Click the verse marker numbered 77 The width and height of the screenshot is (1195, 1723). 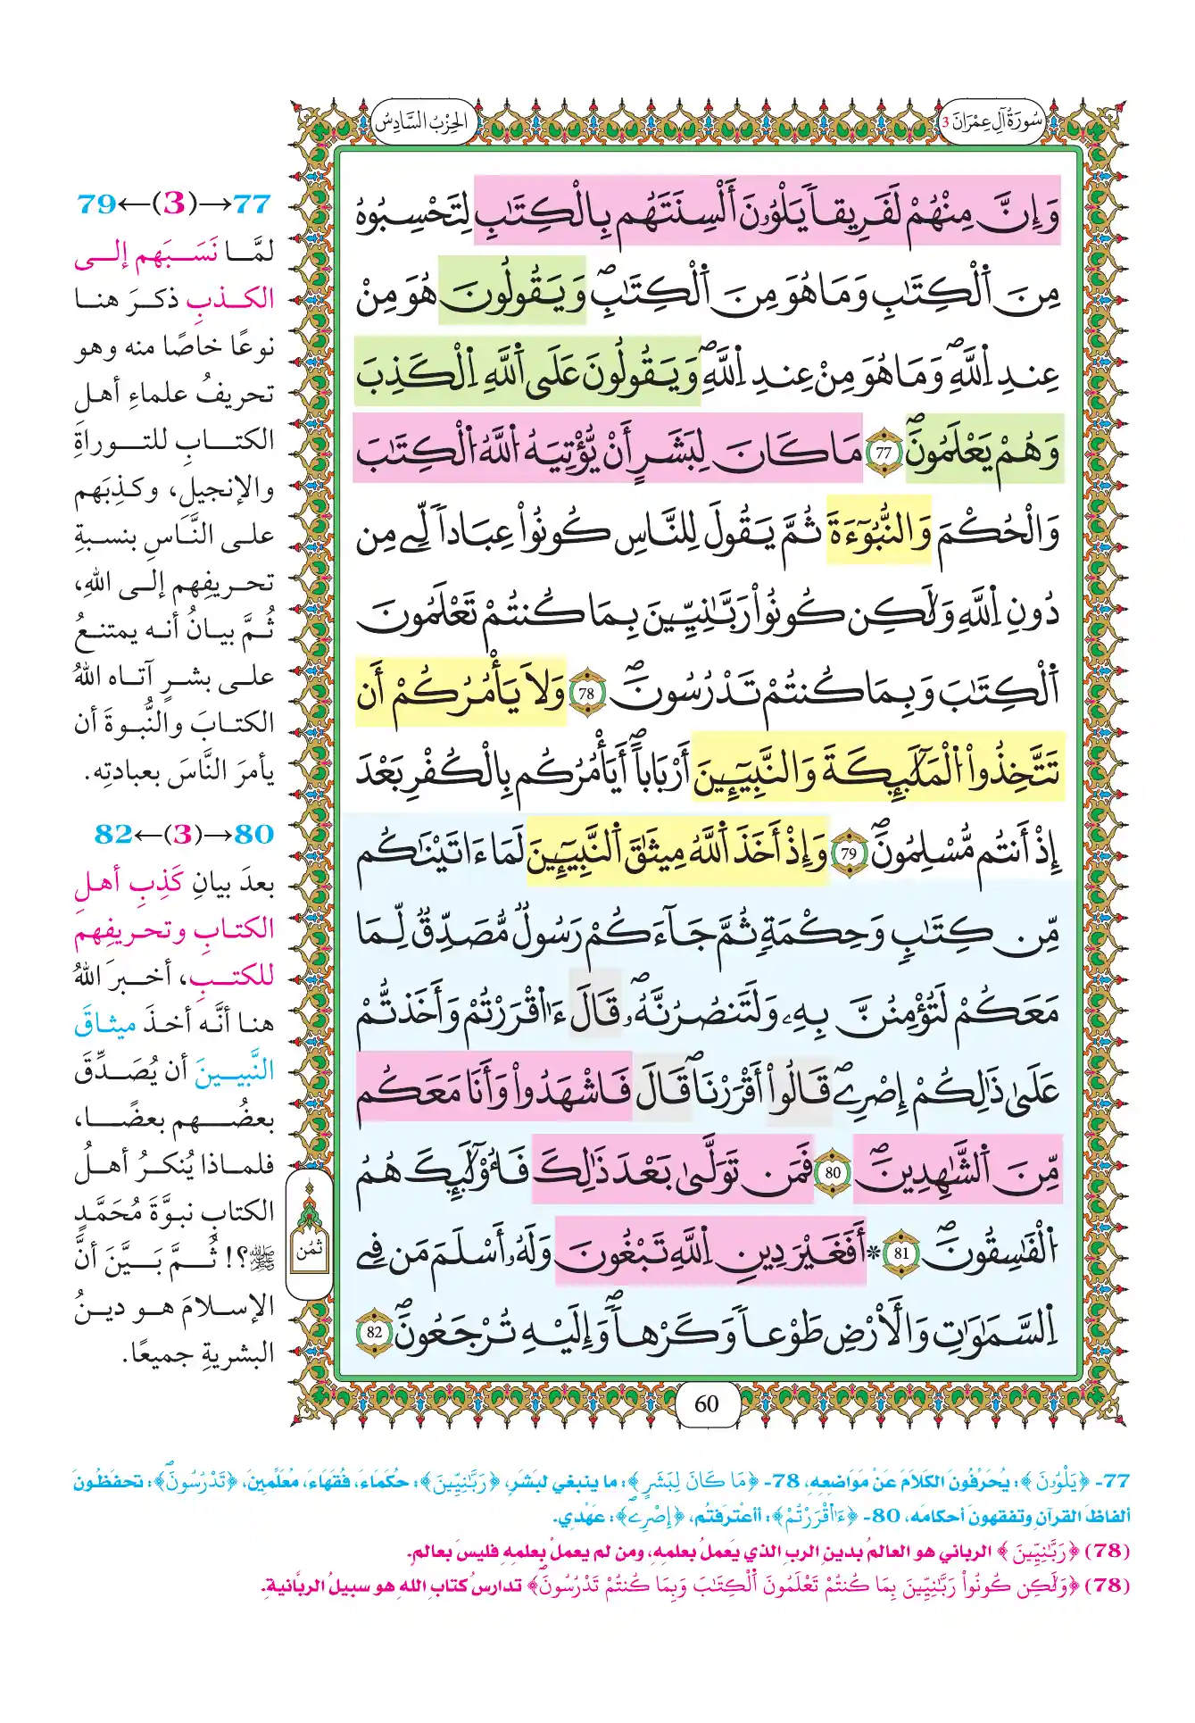click(884, 453)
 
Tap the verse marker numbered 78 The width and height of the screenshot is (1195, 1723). click(586, 694)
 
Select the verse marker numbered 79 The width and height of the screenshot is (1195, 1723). click(848, 854)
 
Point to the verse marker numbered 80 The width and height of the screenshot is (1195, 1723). click(833, 1172)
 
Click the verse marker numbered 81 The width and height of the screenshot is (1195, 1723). click(901, 1253)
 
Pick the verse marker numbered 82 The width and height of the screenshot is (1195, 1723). click(374, 1333)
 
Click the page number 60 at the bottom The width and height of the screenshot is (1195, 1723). click(706, 1404)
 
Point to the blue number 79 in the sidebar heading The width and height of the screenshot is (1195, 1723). click(97, 204)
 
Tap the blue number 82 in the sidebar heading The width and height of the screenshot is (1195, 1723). click(113, 834)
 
